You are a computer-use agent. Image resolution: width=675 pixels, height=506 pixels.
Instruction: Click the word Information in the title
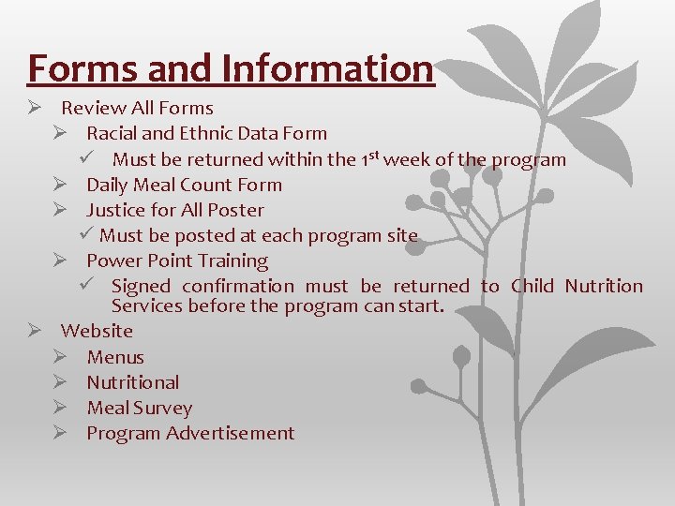tap(328, 69)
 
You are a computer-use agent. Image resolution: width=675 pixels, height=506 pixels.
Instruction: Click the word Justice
tap(118, 210)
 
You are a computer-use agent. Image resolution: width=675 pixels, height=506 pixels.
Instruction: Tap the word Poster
tap(235, 210)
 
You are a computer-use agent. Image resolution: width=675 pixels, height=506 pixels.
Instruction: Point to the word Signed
tap(141, 286)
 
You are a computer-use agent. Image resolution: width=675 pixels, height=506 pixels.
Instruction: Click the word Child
tap(532, 286)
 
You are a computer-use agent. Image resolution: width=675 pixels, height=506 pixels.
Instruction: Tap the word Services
tap(146, 306)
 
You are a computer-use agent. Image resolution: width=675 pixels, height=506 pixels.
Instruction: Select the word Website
tap(97, 331)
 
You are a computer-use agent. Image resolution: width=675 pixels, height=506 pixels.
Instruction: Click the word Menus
tap(115, 357)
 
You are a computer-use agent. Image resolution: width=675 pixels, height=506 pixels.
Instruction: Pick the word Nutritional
tap(133, 382)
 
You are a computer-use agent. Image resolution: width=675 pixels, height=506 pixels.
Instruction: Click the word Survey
tap(162, 408)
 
